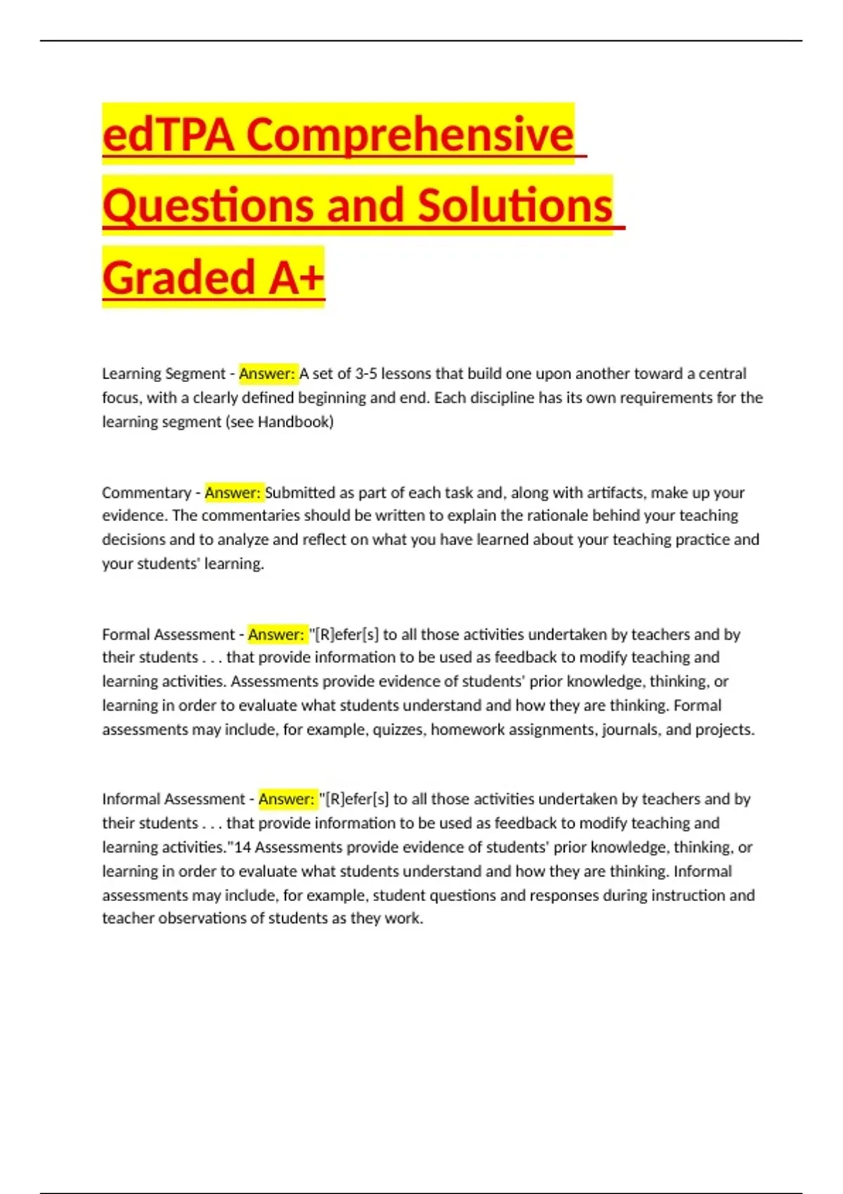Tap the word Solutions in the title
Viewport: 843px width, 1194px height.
coord(515,206)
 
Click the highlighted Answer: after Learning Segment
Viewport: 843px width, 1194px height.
coord(268,374)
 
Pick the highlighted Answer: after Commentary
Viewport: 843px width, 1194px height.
coord(233,492)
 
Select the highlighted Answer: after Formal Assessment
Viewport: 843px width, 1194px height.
coord(276,634)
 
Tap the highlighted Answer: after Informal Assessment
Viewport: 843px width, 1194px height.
coord(287,799)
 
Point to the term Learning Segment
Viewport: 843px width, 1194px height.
coord(164,374)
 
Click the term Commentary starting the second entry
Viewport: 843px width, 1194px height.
coord(146,492)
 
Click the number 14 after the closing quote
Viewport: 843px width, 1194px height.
coord(242,847)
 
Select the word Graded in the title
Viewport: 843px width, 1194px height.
coord(178,277)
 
